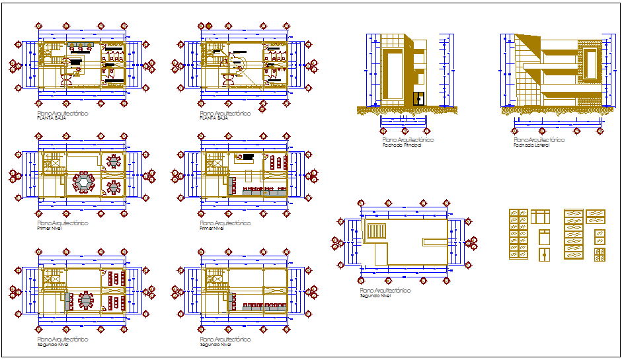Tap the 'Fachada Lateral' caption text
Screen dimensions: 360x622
[x=531, y=145]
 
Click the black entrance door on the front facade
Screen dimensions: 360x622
[x=418, y=100]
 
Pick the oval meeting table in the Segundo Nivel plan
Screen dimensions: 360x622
[x=87, y=301]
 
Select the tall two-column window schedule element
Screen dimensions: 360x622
[x=518, y=234]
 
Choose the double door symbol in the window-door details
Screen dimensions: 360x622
[x=544, y=254]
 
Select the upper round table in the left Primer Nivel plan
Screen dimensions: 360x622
[x=114, y=161]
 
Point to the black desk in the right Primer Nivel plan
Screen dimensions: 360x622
[x=249, y=158]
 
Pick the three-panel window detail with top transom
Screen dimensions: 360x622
[x=541, y=217]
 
